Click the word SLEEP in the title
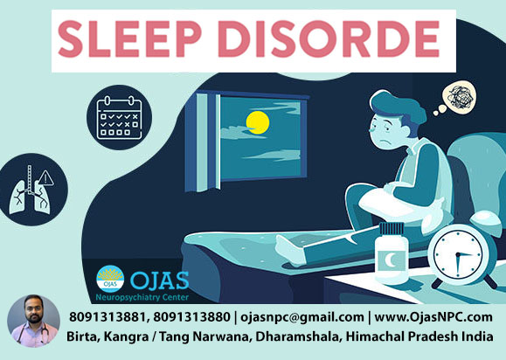[129, 38]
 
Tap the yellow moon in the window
[258, 122]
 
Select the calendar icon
[120, 117]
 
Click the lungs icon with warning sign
[31, 190]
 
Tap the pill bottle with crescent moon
[392, 253]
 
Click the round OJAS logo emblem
[110, 279]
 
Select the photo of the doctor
[33, 322]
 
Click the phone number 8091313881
[107, 317]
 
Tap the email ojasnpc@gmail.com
[302, 317]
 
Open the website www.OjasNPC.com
[433, 317]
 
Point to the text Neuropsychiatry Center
[142, 297]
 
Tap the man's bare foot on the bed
[290, 251]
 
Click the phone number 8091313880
[191, 317]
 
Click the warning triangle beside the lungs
[45, 178]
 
